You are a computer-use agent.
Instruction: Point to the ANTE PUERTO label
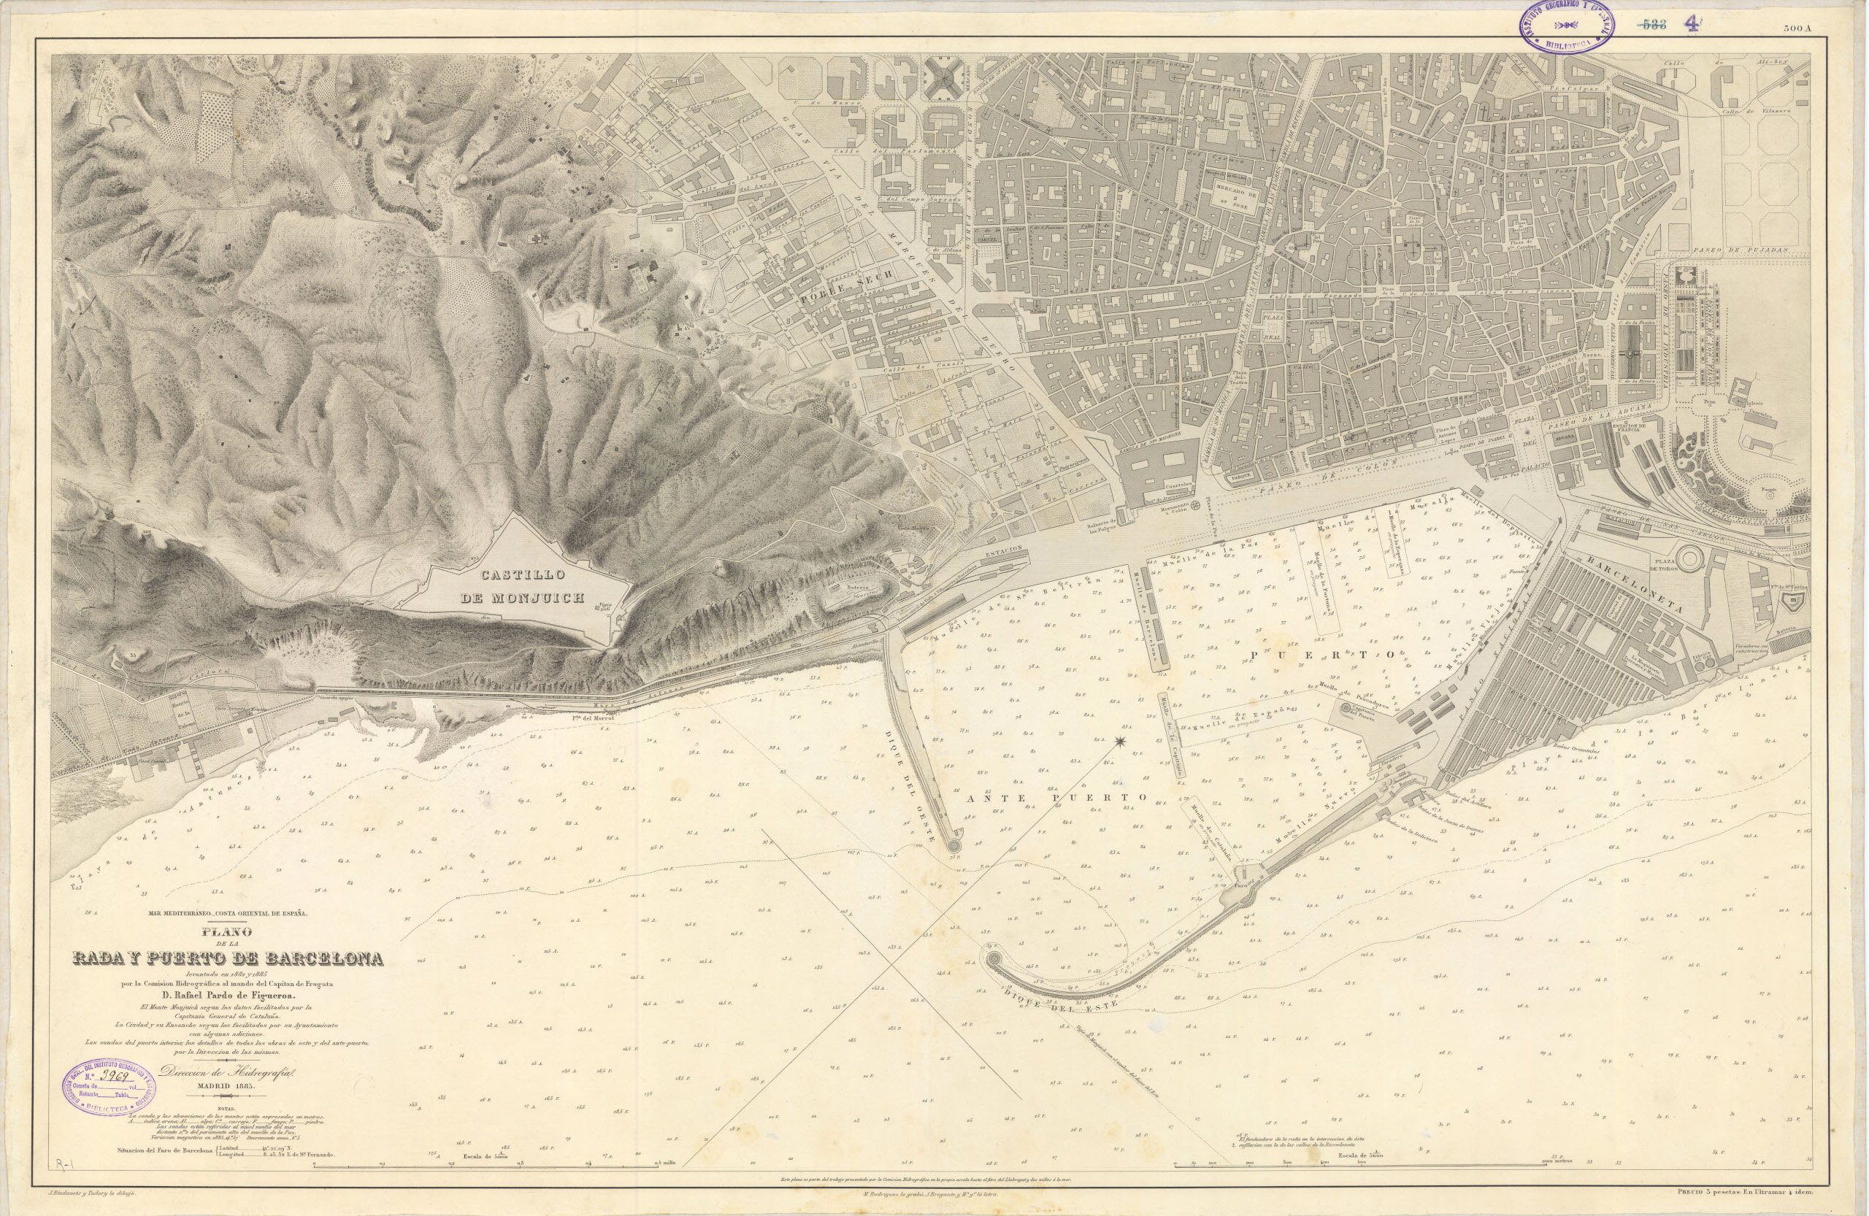coord(1056,798)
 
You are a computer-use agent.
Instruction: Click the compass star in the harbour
coord(1120,741)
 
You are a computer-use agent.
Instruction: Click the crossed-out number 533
coord(1651,24)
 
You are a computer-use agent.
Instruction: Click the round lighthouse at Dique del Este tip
coord(994,959)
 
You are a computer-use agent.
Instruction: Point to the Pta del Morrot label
coord(591,715)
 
